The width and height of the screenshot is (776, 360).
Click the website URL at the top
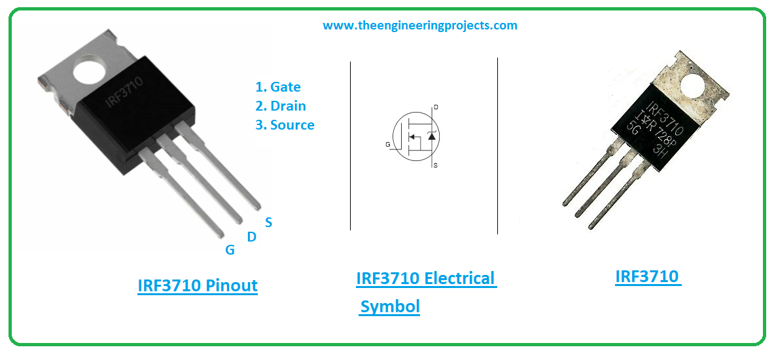(x=419, y=26)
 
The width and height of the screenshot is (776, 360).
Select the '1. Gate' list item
(x=277, y=86)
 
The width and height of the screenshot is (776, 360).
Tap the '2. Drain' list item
(x=280, y=106)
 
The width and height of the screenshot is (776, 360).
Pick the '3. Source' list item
(x=285, y=125)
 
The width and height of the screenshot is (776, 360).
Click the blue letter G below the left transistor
(x=230, y=251)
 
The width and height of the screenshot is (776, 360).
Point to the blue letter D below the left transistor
(x=251, y=238)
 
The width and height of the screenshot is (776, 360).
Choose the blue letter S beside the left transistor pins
(x=268, y=223)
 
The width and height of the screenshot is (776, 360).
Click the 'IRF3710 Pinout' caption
(x=198, y=286)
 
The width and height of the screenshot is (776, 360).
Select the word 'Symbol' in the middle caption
(x=390, y=306)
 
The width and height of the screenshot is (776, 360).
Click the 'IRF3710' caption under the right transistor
(x=647, y=276)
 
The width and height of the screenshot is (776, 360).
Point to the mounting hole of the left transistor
(x=92, y=71)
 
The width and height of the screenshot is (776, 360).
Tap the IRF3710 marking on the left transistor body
(x=125, y=94)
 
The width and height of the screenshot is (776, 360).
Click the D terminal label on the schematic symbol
(x=436, y=107)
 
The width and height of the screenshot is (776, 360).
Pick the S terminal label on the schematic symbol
(x=435, y=166)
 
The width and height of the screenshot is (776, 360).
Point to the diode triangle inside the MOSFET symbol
(x=431, y=135)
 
